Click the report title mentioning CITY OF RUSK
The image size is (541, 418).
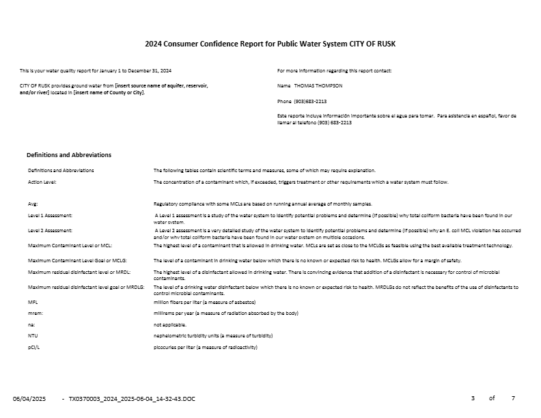coord(270,44)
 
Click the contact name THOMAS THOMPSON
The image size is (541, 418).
coord(318,85)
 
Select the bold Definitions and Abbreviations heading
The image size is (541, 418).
coord(68,155)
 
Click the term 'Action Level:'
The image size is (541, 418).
coord(42,182)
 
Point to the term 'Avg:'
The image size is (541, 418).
coord(33,204)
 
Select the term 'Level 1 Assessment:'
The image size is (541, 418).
coord(50,215)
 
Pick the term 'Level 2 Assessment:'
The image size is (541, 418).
coord(50,231)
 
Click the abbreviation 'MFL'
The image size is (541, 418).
coord(32,301)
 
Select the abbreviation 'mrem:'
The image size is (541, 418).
coord(34,312)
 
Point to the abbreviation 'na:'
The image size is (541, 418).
coord(31,324)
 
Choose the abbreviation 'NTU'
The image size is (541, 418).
coord(32,335)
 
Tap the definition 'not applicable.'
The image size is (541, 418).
coord(169,324)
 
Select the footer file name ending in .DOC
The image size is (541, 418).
coord(132,398)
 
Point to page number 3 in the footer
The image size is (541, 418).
coord(473,398)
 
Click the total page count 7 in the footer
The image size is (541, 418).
coord(513,398)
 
